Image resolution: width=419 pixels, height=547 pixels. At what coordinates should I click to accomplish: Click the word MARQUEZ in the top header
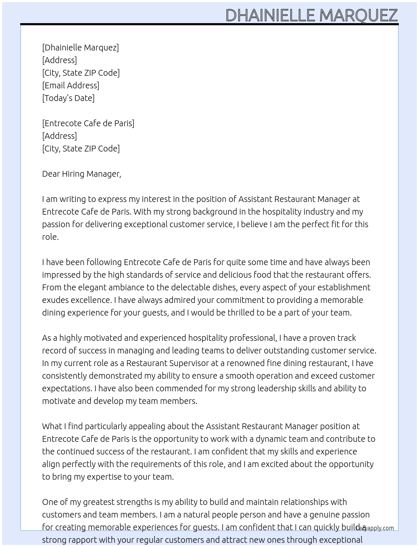(358, 16)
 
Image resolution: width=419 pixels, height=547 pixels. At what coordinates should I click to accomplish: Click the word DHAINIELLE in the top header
(270, 16)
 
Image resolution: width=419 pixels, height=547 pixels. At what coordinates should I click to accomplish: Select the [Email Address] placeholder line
(71, 85)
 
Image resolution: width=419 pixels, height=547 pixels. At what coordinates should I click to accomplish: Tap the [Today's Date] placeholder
(68, 98)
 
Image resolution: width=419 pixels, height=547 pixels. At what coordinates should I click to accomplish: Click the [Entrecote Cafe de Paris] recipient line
(88, 123)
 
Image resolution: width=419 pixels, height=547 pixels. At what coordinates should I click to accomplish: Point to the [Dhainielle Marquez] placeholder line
(80, 48)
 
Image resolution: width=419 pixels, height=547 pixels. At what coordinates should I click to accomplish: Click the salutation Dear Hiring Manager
(81, 174)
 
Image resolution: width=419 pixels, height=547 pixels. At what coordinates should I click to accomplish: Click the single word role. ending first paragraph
(50, 237)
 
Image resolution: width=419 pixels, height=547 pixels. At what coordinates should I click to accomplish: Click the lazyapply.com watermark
(375, 528)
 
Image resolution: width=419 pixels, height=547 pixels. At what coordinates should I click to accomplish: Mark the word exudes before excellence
(55, 300)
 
